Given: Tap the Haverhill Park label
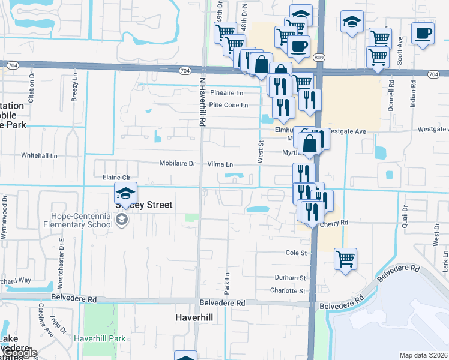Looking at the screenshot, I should pos(100,338).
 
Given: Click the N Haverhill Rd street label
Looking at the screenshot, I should pos(202,101).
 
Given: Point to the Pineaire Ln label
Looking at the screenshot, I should pos(227,93).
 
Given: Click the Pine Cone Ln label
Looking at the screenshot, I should pos(229,105).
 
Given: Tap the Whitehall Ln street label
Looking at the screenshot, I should pos(39,155).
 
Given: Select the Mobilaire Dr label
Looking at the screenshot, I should pos(178,163).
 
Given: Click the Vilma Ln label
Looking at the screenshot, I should pos(220,164).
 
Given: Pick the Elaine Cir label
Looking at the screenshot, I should pos(116,178).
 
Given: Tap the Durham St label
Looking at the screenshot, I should pos(291,278).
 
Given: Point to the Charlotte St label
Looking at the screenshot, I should pos(286,290).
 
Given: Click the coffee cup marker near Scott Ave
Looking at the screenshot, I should pos(423,32).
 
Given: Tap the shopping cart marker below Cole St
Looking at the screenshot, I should pos(345,259).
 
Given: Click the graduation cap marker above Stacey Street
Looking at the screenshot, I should pos(126,193).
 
